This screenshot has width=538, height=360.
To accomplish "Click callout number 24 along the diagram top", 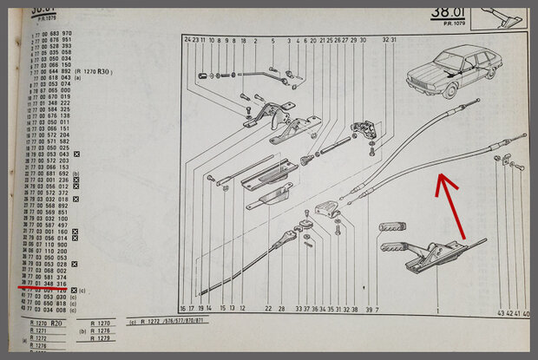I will [x=187, y=41].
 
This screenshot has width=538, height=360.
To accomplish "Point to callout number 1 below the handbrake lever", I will [x=438, y=309].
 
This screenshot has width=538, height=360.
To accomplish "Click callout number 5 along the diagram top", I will [x=272, y=41].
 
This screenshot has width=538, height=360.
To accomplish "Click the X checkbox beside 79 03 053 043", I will [x=77, y=154].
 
